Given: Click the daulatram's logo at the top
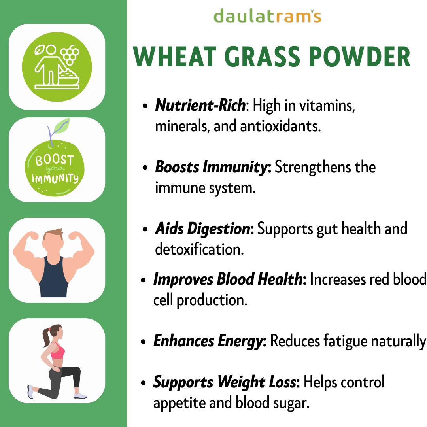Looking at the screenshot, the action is tap(267, 16).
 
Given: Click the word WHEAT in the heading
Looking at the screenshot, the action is tap(174, 57).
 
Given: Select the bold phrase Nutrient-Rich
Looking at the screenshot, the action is tap(200, 105).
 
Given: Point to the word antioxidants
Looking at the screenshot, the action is tap(280, 126).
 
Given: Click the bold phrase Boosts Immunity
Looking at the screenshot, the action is tap(212, 167).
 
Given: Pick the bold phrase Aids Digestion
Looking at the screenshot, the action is tap(203, 229).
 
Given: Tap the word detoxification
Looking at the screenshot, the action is tap(199, 249).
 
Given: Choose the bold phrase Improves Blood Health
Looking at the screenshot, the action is tap(228, 279).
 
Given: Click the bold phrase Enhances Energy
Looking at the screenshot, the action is tap(208, 341).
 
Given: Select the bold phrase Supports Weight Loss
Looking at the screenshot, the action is tap(225, 382).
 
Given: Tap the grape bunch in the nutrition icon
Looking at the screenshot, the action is tap(70, 55).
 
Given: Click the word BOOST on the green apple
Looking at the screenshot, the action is tap(55, 160).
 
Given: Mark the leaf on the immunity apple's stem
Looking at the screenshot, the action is tap(62, 126).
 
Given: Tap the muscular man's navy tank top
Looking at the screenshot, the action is tap(54, 278).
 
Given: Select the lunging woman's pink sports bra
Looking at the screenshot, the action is tap(58, 351).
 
